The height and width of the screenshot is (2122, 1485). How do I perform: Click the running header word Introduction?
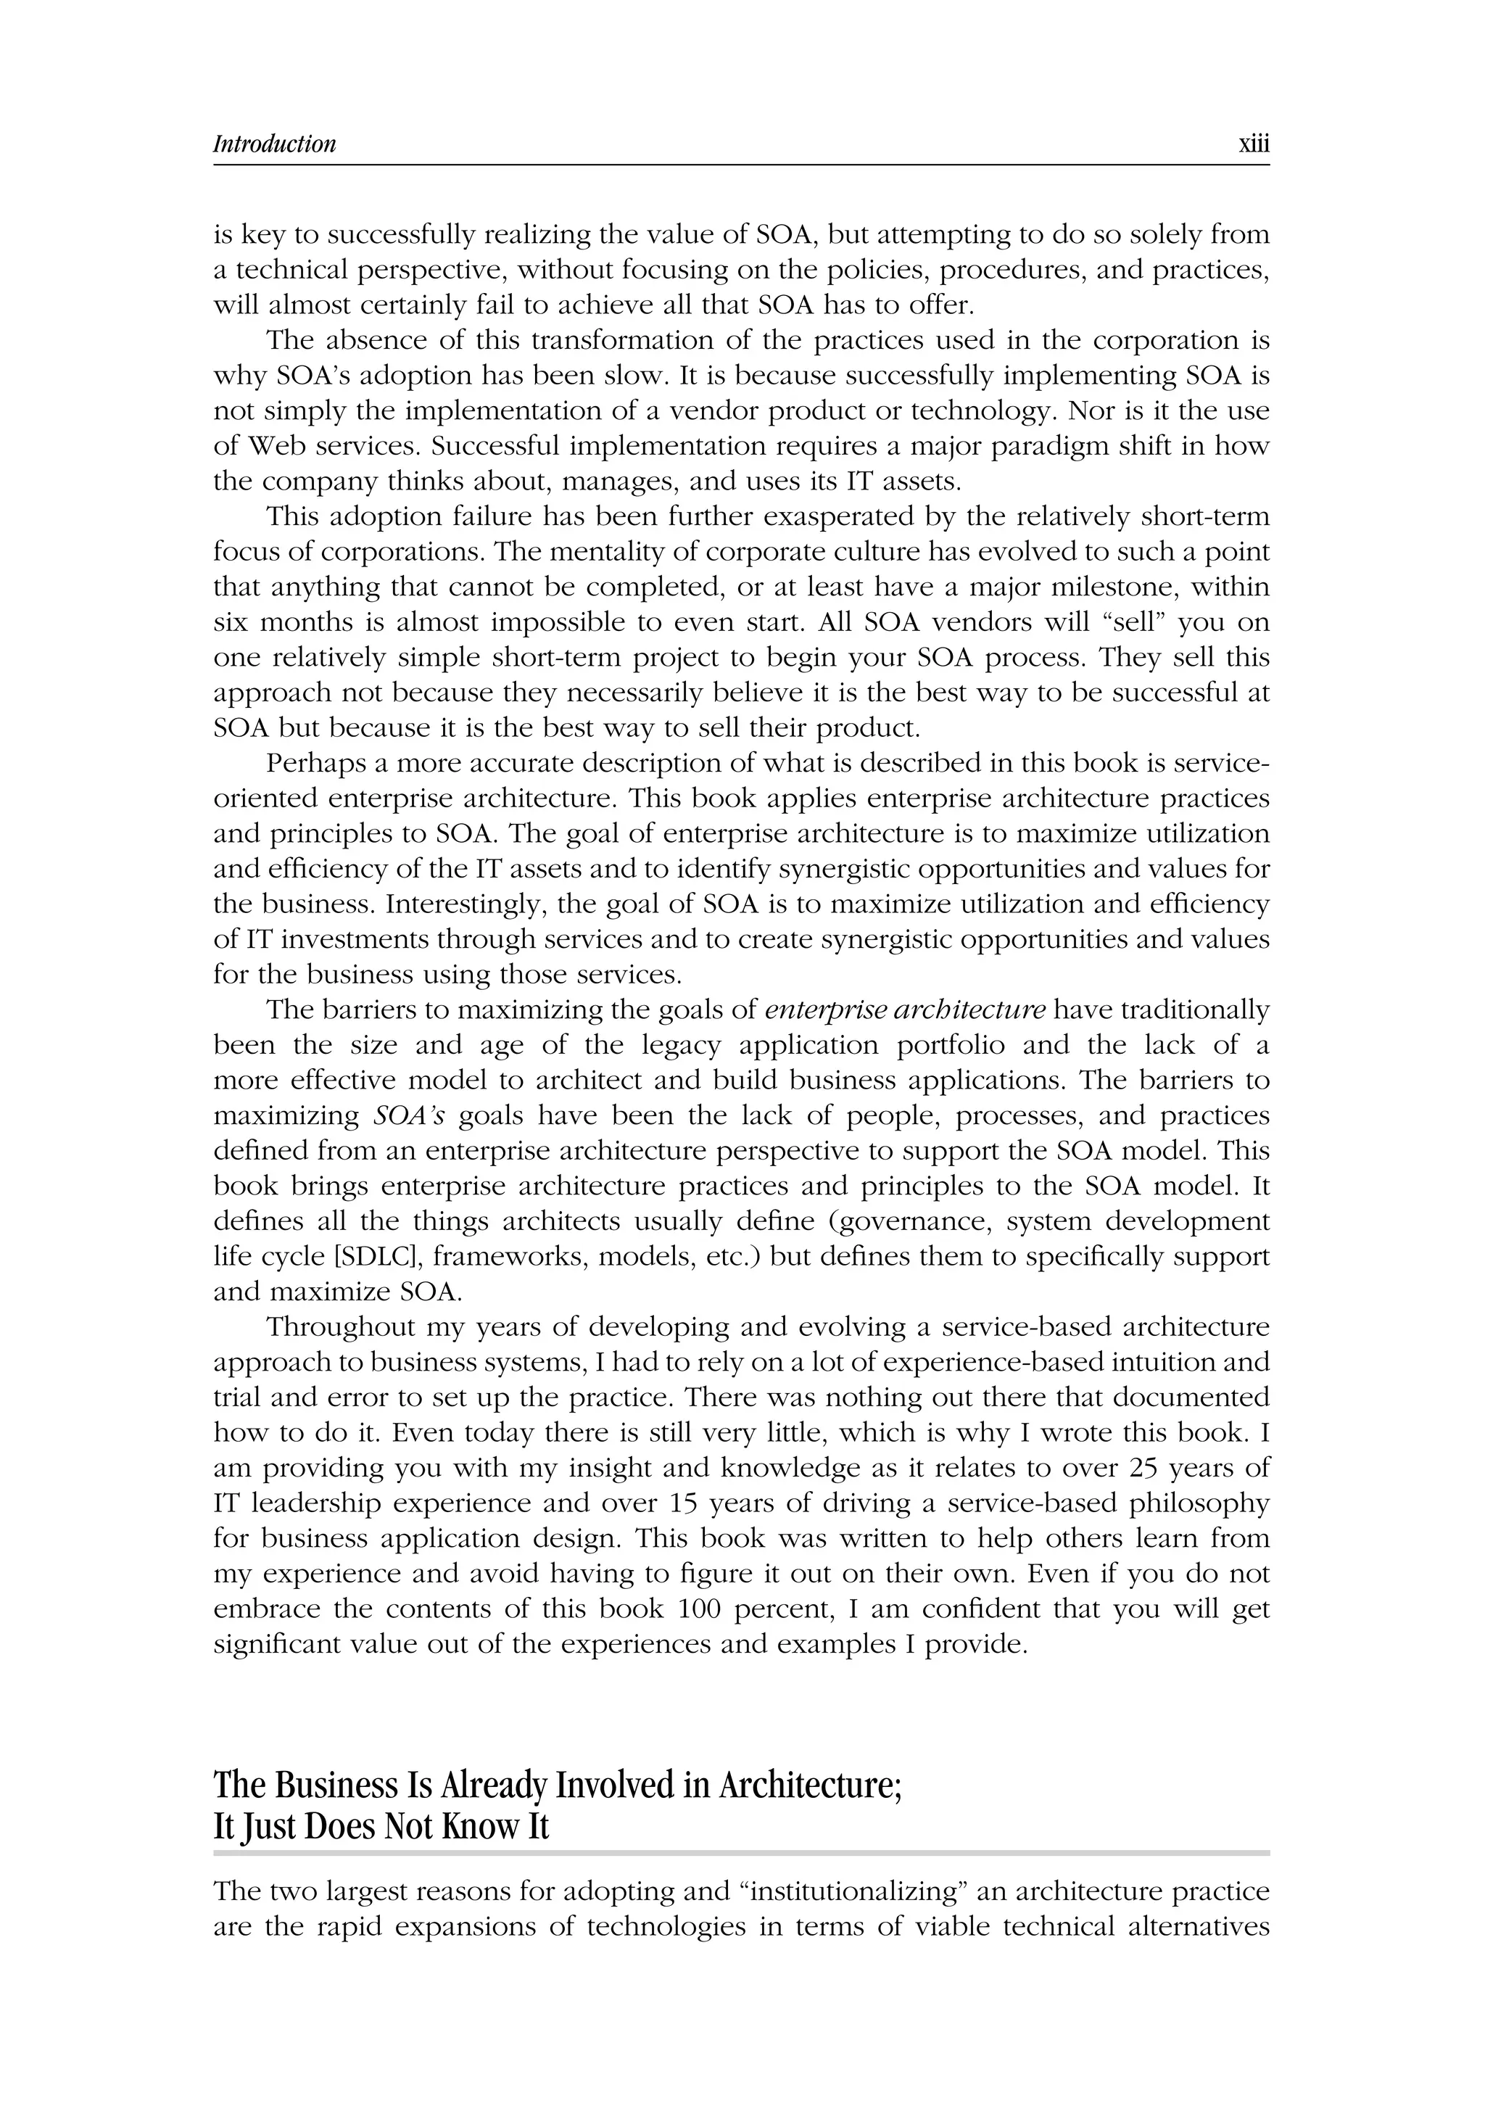[x=275, y=144]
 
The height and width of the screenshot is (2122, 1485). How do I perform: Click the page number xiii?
[x=1253, y=144]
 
